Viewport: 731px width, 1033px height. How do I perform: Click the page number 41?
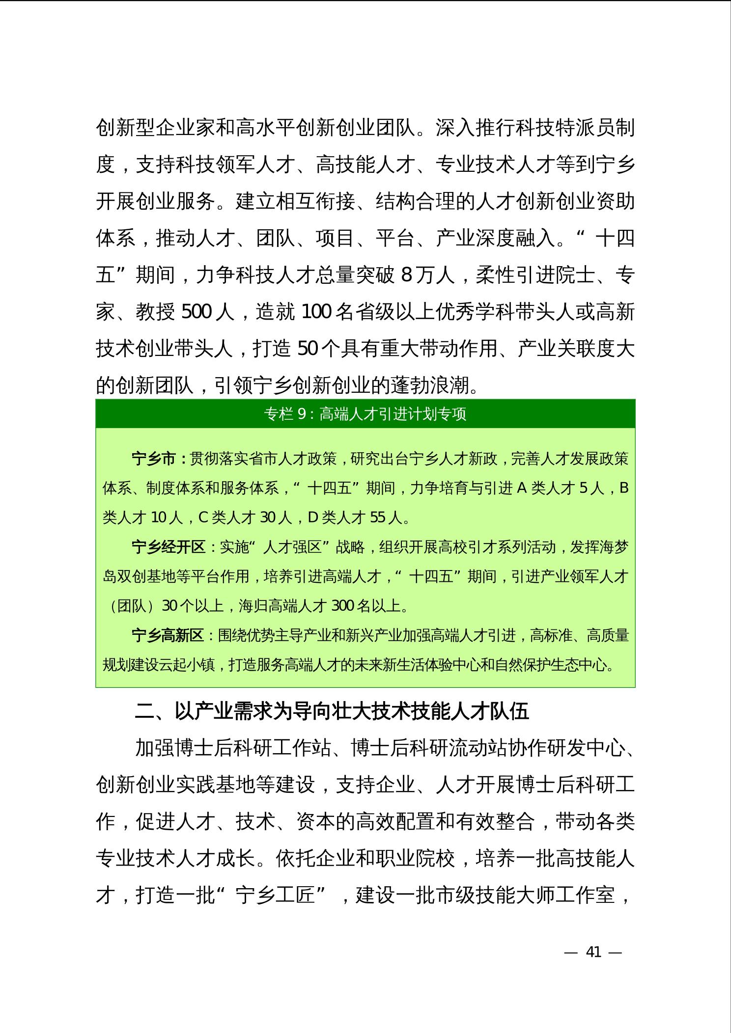pyautogui.click(x=593, y=952)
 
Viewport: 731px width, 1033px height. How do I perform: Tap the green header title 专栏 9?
pyautogui.click(x=365, y=414)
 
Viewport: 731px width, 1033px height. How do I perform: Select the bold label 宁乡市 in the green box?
pyautogui.click(x=153, y=459)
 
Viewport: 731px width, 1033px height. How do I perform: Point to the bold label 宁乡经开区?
pyautogui.click(x=168, y=547)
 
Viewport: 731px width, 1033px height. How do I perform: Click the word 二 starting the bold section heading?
pyautogui.click(x=144, y=711)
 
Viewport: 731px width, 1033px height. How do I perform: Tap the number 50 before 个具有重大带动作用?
pyautogui.click(x=309, y=349)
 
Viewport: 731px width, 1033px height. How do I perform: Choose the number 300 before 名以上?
pyautogui.click(x=343, y=606)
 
